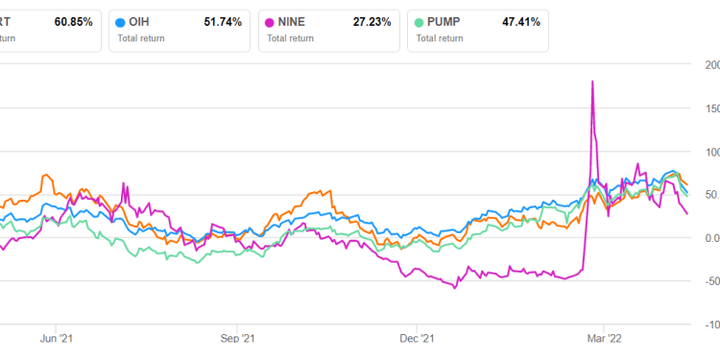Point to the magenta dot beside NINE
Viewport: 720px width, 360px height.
[270, 21]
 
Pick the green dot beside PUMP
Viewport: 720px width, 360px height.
[418, 21]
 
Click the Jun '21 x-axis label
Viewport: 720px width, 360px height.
[57, 338]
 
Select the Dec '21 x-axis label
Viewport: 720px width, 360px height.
[417, 338]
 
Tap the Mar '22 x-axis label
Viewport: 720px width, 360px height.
[595, 338]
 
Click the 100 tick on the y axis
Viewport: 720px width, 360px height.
[709, 152]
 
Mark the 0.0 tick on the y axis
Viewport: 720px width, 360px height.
[709, 238]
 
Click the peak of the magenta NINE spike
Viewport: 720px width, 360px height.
[592, 82]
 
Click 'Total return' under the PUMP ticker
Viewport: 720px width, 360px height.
[439, 38]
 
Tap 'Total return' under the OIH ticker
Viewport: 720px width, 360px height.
[140, 38]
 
